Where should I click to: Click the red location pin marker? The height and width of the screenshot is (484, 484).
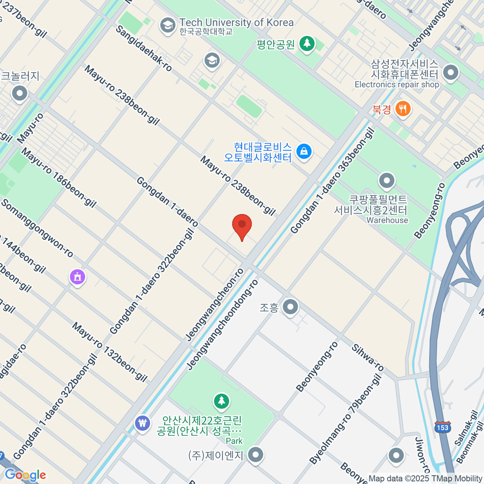click(x=242, y=225)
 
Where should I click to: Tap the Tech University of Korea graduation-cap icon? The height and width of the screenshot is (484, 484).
click(x=167, y=25)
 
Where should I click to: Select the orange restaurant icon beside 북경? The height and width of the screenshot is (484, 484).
click(x=403, y=108)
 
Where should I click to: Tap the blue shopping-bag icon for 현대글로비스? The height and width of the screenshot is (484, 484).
click(x=304, y=152)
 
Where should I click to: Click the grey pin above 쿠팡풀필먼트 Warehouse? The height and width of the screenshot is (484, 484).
click(x=387, y=180)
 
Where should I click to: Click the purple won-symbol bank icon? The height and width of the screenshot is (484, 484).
click(x=142, y=423)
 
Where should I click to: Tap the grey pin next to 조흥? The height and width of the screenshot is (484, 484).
click(x=290, y=307)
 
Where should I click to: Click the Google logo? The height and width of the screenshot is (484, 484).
click(x=25, y=475)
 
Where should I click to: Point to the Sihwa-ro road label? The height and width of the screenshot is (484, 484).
click(x=367, y=357)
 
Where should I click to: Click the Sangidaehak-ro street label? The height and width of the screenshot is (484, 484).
click(x=144, y=48)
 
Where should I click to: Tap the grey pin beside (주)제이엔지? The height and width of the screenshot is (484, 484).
click(x=255, y=455)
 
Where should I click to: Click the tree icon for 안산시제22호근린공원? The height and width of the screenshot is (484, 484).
click(x=221, y=401)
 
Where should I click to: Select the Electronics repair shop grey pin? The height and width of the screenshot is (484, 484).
click(x=451, y=73)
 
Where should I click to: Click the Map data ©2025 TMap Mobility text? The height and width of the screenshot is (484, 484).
click(x=425, y=478)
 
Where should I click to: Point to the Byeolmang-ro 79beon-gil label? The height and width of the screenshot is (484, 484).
click(x=345, y=419)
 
